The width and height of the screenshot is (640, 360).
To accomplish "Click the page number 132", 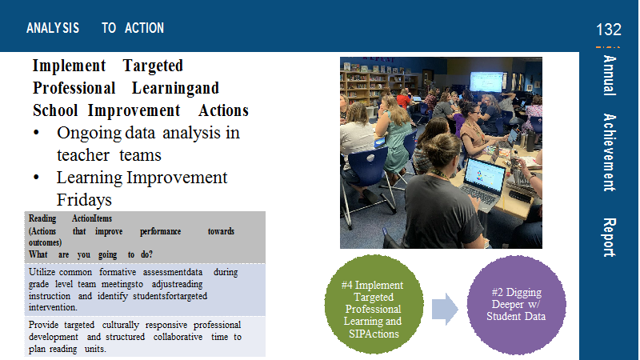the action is click(x=609, y=30).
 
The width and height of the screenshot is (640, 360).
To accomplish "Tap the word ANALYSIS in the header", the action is click(x=53, y=28).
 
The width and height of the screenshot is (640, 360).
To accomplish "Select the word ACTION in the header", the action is click(x=145, y=28).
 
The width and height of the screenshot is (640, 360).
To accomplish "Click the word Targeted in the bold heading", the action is click(x=153, y=66).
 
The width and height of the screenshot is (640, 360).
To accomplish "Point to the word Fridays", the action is click(x=84, y=200).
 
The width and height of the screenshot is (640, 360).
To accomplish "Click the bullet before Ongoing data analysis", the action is click(x=36, y=133).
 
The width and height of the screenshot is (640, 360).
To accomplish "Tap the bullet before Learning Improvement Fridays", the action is click(x=36, y=177).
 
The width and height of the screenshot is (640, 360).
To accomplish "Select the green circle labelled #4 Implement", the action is click(x=374, y=305).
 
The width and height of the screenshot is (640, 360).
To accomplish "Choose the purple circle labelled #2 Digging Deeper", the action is click(x=516, y=305).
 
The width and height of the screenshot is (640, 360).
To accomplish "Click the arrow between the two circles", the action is click(x=446, y=309).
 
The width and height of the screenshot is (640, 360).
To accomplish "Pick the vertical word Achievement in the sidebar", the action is click(x=609, y=153).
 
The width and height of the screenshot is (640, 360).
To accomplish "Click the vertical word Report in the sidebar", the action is click(x=609, y=238).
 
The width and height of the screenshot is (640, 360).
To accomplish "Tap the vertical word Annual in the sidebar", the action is click(x=609, y=75).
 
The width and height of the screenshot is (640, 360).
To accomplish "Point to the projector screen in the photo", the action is click(x=486, y=82).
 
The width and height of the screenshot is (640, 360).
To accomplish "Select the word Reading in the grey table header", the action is click(x=42, y=218).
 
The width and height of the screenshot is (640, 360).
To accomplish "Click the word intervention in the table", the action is click(x=53, y=307).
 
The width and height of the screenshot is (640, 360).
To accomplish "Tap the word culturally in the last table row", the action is click(x=121, y=325).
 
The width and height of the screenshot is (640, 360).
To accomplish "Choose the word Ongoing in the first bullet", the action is click(x=90, y=134).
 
